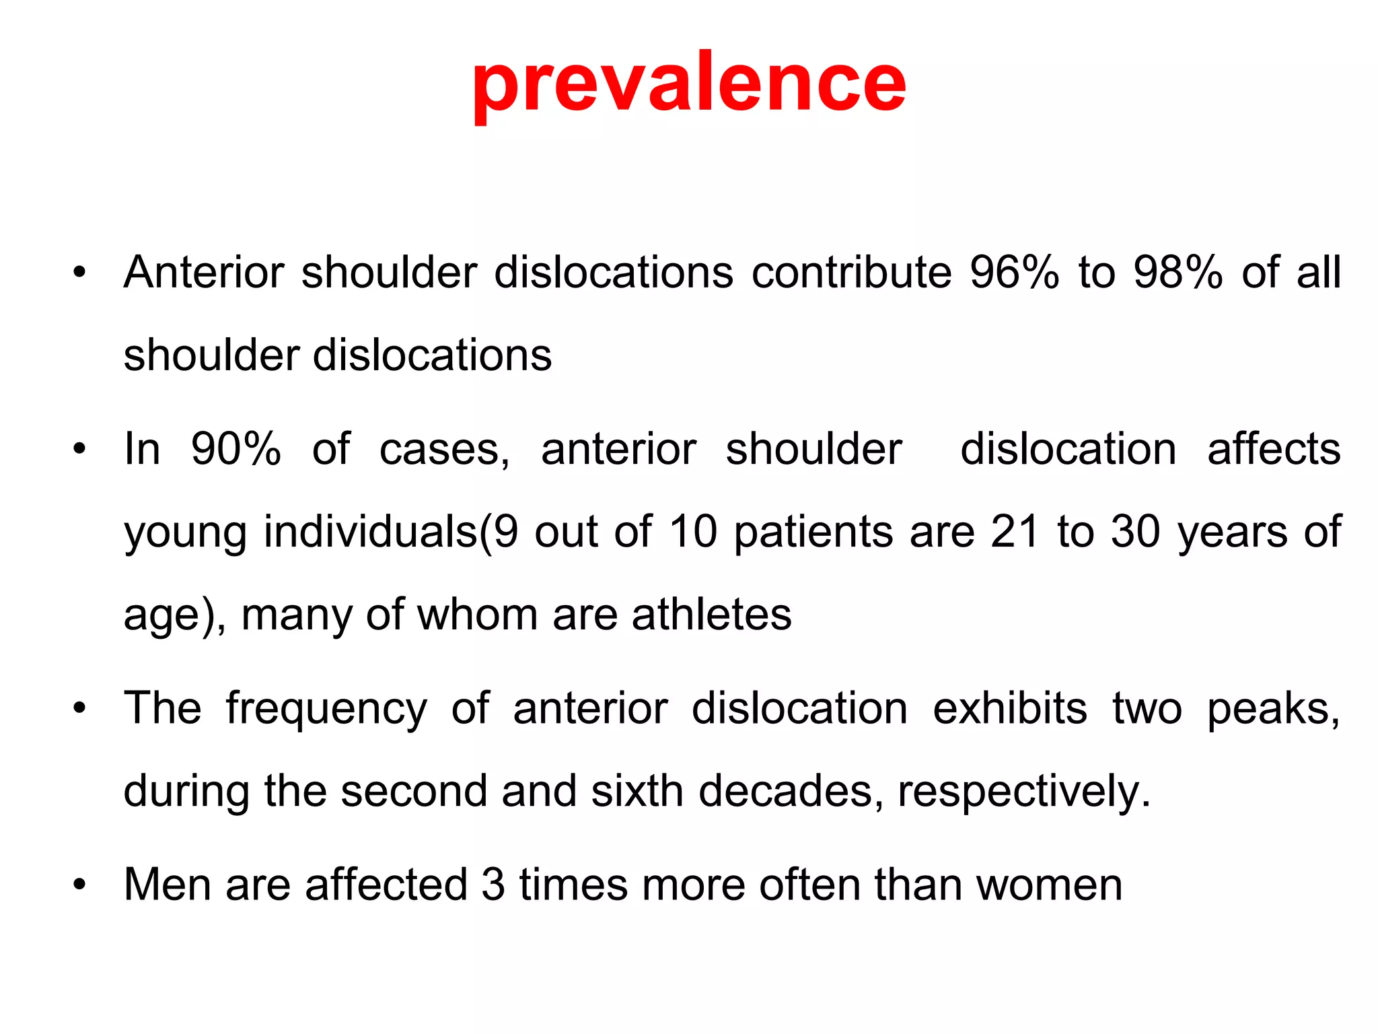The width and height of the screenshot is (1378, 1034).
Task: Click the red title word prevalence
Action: pyautogui.click(x=689, y=84)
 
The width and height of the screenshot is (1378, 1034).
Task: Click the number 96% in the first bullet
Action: pyautogui.click(x=1014, y=273)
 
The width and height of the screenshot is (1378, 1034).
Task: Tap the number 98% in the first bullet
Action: pyautogui.click(x=1177, y=273)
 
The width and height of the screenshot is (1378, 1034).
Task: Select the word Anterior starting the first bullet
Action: pyautogui.click(x=203, y=273)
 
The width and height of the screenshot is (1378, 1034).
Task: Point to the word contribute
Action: pyautogui.click(x=851, y=273)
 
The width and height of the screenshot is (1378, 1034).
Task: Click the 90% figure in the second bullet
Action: pyautogui.click(x=235, y=449)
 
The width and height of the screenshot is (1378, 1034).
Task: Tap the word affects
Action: pyautogui.click(x=1274, y=449)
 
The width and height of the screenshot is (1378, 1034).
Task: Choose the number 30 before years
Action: pyautogui.click(x=1135, y=532)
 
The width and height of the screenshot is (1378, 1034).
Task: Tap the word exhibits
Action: pyautogui.click(x=1009, y=708)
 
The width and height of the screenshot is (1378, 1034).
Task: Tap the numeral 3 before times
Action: pyautogui.click(x=493, y=885)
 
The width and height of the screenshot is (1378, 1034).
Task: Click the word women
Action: pyautogui.click(x=1049, y=886)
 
